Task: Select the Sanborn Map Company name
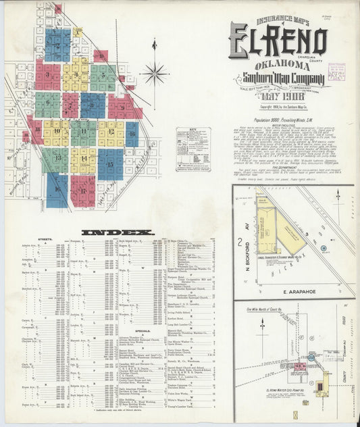(x=278, y=80)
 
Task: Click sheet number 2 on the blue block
(x=58, y=45)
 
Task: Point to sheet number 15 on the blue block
(x=110, y=164)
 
